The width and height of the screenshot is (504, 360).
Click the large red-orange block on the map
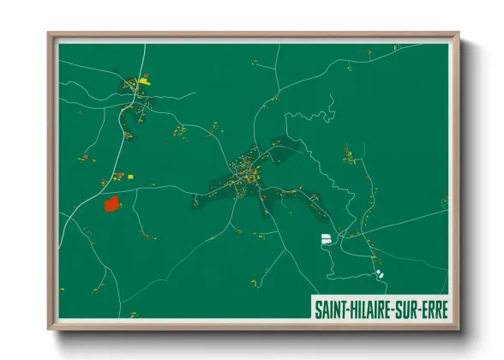pos(111,204)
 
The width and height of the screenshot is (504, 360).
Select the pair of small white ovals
pos(379,274)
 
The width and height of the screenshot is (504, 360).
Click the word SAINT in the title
pos(330,307)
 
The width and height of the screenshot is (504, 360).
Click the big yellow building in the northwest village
pos(144,77)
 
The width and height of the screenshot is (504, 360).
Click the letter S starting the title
pos(318,307)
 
